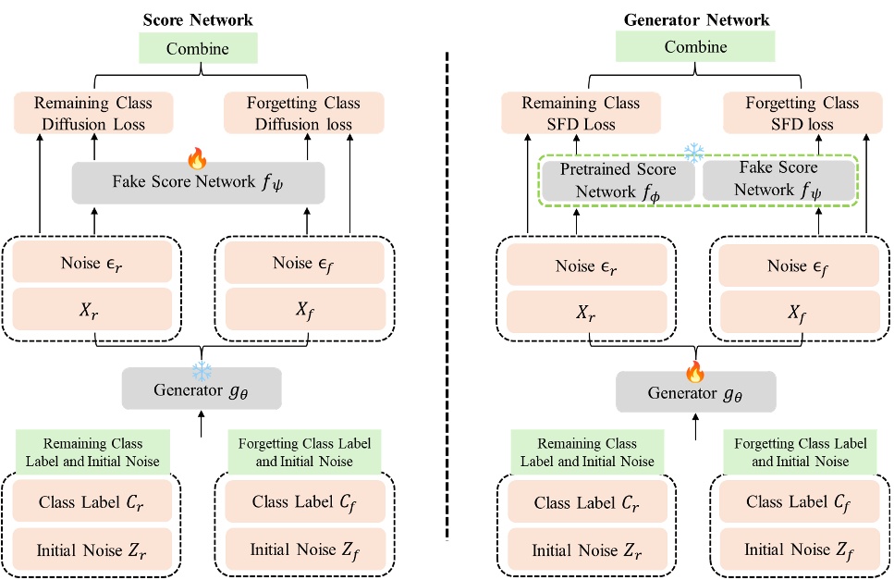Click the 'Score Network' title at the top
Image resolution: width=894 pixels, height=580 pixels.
pos(199,19)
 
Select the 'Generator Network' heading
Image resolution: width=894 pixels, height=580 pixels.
pos(697,19)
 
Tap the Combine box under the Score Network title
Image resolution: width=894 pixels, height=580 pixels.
pos(199,48)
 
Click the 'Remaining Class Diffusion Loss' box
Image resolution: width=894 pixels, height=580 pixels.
pos(92,113)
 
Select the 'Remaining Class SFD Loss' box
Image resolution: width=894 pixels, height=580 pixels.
pos(581,113)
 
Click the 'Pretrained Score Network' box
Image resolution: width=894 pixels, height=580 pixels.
pos(618,179)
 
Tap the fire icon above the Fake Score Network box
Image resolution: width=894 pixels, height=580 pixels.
pos(198,159)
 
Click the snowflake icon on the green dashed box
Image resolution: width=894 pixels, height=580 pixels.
pos(692,152)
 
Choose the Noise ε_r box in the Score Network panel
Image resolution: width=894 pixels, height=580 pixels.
pos(92,263)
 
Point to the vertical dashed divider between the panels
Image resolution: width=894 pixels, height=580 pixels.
pos(448,296)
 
